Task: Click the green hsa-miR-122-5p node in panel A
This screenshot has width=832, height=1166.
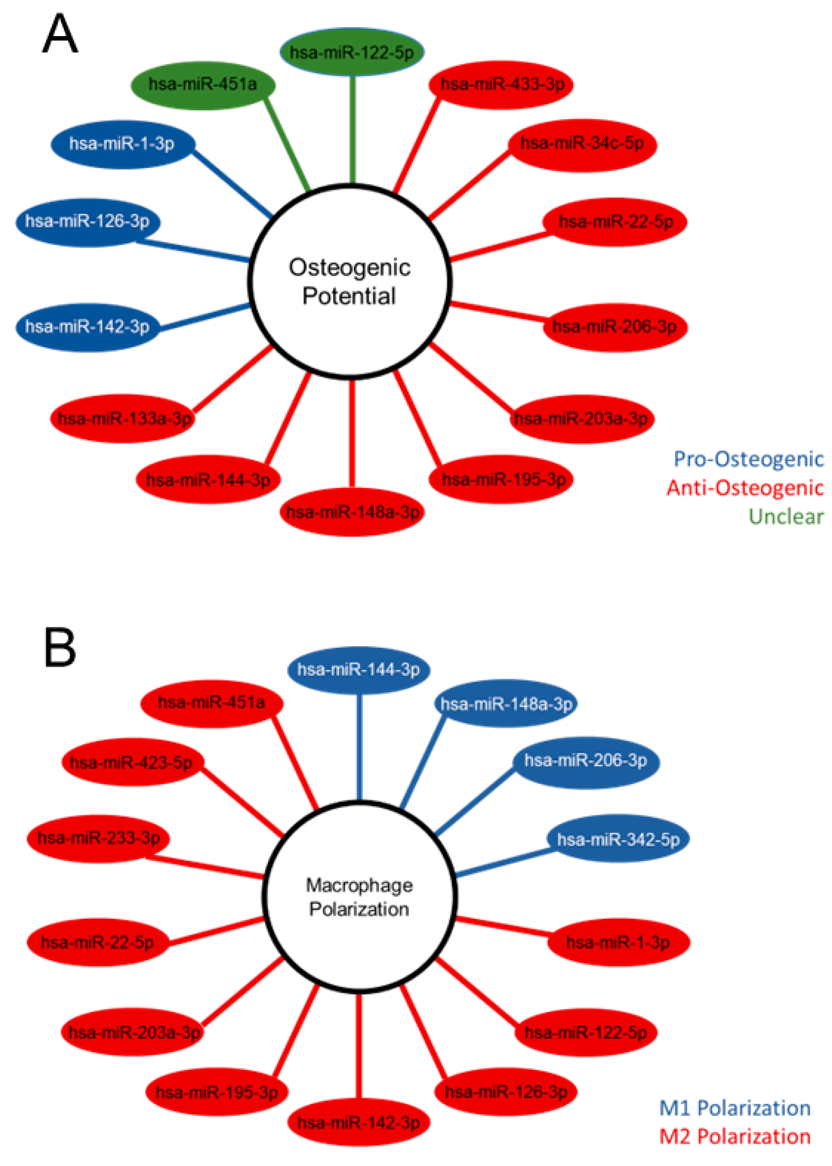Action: click(352, 52)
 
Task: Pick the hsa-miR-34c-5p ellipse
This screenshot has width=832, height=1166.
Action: click(582, 144)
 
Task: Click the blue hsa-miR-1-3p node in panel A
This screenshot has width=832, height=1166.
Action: click(123, 144)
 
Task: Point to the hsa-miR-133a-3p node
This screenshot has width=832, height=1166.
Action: click(123, 418)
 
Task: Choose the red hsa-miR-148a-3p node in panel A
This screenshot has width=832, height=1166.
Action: click(352, 511)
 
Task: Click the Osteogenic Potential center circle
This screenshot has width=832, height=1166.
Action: click(350, 281)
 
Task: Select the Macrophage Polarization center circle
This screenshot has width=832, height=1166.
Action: click(359, 897)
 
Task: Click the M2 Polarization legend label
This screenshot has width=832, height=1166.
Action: click(734, 1136)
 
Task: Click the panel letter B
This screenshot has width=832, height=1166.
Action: click(60, 648)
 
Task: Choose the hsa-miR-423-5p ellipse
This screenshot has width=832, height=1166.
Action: click(132, 763)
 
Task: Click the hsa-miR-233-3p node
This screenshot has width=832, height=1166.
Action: click(98, 838)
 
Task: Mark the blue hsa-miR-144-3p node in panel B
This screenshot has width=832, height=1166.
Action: click(358, 670)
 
